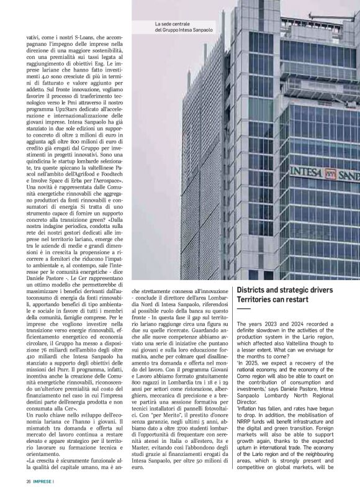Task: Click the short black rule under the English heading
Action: click(243, 308)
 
